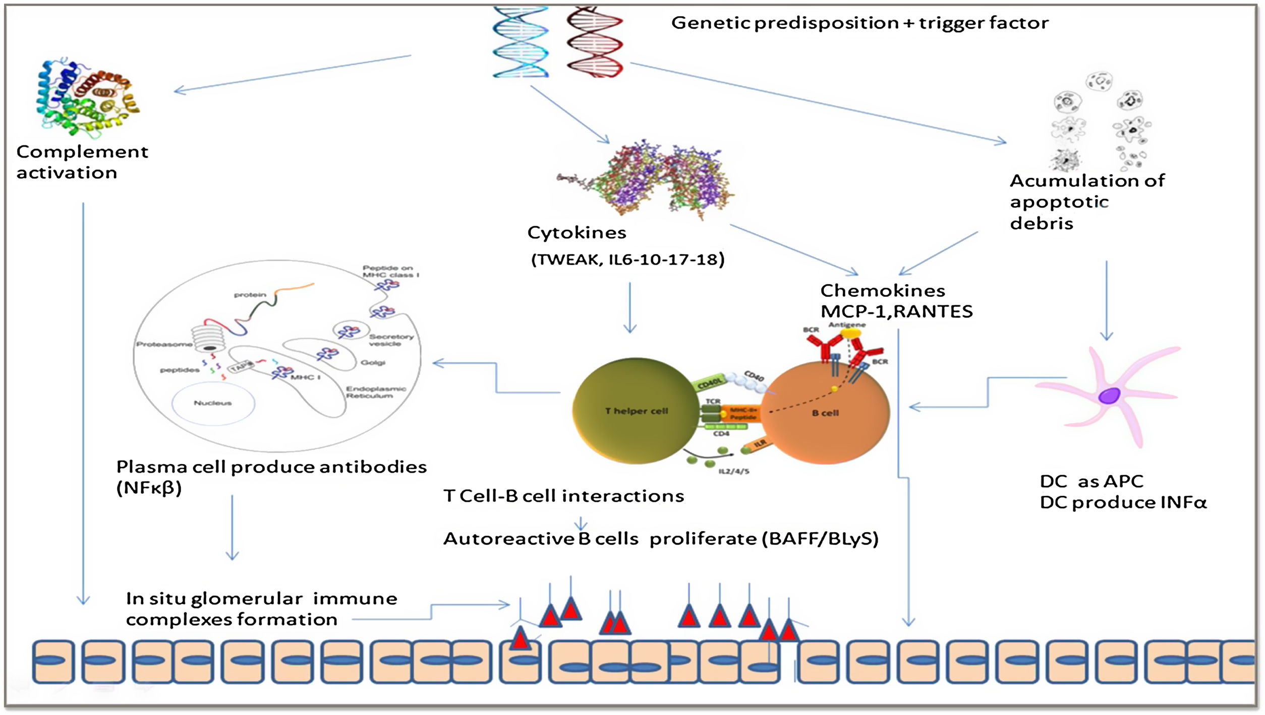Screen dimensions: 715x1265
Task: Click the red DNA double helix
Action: coord(594,42)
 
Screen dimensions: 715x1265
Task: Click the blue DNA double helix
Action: coord(520,42)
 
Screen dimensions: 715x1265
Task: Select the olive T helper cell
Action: coord(636,411)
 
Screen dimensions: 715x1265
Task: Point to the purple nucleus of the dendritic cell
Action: coord(1109,396)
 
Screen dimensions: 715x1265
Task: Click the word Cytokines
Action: coord(577,233)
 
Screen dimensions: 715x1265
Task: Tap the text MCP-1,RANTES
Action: coord(896,312)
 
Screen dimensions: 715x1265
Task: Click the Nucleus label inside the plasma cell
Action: coord(212,403)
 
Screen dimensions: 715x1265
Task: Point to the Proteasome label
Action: coord(164,345)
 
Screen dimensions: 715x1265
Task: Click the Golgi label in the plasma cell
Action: coord(373,363)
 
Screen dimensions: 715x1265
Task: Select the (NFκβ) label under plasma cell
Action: coord(149,488)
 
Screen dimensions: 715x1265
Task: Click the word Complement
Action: coord(82,152)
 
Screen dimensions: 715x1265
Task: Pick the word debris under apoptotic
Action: coord(1041,223)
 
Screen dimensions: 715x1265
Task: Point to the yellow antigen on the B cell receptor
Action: coord(850,334)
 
